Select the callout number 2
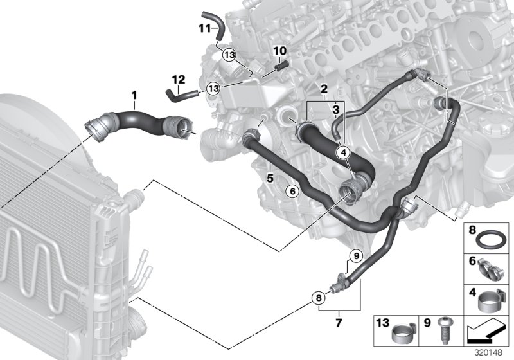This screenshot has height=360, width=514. pos(324,88)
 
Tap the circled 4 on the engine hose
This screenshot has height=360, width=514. pos(343,152)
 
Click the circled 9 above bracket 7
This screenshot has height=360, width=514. pos(353,257)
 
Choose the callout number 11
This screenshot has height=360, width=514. pos(204,28)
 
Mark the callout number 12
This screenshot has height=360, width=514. pos(179,80)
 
